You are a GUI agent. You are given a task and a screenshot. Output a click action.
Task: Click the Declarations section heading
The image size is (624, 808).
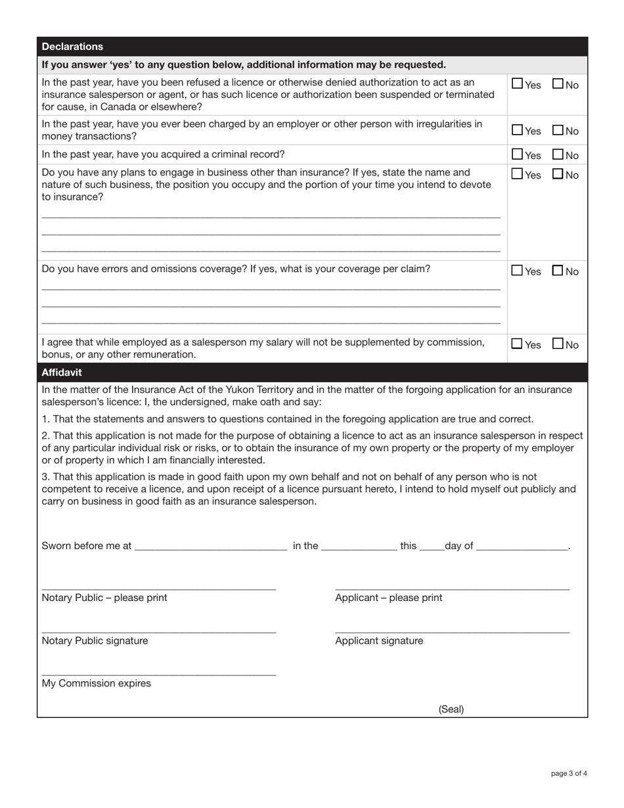pos(72,47)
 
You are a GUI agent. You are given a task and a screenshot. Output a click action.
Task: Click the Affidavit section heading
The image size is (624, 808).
pos(62,372)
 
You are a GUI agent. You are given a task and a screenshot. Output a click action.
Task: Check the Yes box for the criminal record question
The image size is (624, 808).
pos(518,154)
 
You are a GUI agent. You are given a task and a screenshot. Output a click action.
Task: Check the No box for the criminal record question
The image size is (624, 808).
pos(558,154)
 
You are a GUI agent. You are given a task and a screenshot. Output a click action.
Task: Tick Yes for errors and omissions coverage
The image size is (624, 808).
pos(518,270)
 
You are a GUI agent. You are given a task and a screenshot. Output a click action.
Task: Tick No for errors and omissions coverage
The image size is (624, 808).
pos(558,270)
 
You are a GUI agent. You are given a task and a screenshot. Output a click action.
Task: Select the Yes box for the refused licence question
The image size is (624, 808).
pos(518,83)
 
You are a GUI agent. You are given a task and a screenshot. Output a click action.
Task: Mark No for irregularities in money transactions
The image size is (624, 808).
pos(558,130)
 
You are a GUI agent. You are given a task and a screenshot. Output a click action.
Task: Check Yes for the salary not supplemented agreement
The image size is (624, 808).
pos(518,344)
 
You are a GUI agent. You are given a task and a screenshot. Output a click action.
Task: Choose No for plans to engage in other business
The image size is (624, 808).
pos(558,174)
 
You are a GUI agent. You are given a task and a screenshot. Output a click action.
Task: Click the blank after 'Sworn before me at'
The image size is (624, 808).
pos(211,546)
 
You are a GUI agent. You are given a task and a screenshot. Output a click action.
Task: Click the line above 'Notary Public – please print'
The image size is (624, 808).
pos(158,587)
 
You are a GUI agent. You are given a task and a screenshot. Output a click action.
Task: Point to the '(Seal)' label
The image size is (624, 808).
pos(451,709)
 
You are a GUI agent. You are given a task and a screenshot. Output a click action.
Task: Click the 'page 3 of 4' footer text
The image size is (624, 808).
pos(568,773)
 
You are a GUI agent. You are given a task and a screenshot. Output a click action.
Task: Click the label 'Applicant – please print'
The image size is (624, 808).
pos(388,598)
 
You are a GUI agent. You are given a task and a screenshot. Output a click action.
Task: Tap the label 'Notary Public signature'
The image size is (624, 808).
pos(95,640)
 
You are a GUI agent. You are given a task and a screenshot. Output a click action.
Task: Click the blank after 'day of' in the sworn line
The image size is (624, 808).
pos(522,546)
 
